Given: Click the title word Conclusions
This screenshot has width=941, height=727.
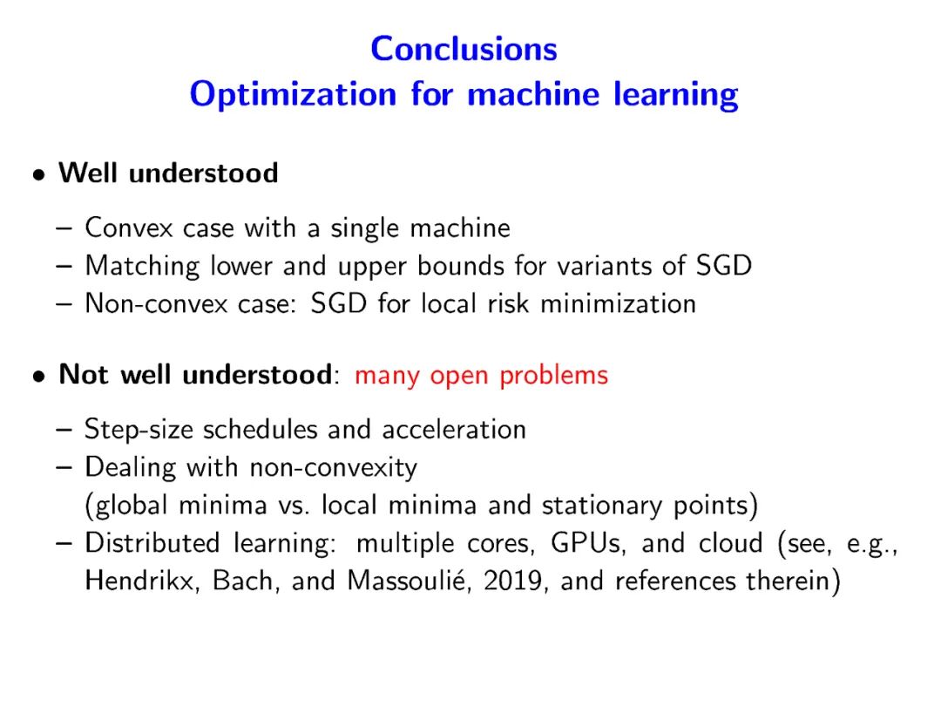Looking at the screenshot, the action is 464,49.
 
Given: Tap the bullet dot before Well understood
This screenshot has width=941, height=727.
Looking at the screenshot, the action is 39,175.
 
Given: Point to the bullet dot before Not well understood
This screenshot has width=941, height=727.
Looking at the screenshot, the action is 39,377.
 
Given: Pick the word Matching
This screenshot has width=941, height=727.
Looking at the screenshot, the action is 142,267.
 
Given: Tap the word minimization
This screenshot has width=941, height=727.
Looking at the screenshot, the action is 618,303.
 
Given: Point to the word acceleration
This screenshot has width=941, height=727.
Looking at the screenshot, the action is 454,430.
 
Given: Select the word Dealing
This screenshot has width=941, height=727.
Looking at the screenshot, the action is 131,468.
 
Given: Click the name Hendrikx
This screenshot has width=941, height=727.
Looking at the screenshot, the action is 142,581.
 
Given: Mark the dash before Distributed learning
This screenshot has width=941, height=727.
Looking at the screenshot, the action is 64,543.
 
